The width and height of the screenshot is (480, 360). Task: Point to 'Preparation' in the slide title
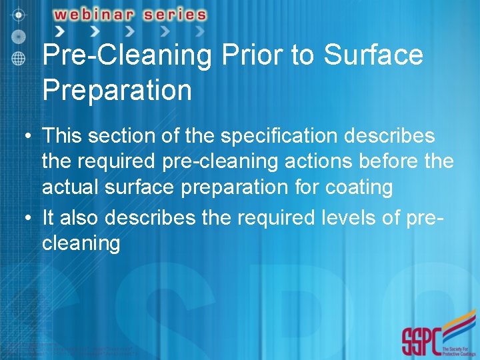(117, 89)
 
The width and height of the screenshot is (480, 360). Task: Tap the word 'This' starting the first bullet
(61, 136)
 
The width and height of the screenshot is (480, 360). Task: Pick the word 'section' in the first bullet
(120, 136)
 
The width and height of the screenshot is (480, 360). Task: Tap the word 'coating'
(359, 187)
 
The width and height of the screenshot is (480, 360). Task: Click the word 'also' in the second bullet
(81, 218)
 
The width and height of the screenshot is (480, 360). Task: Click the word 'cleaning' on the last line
(81, 243)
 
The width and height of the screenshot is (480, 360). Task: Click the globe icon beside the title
(19, 58)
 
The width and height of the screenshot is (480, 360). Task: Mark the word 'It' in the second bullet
(48, 218)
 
